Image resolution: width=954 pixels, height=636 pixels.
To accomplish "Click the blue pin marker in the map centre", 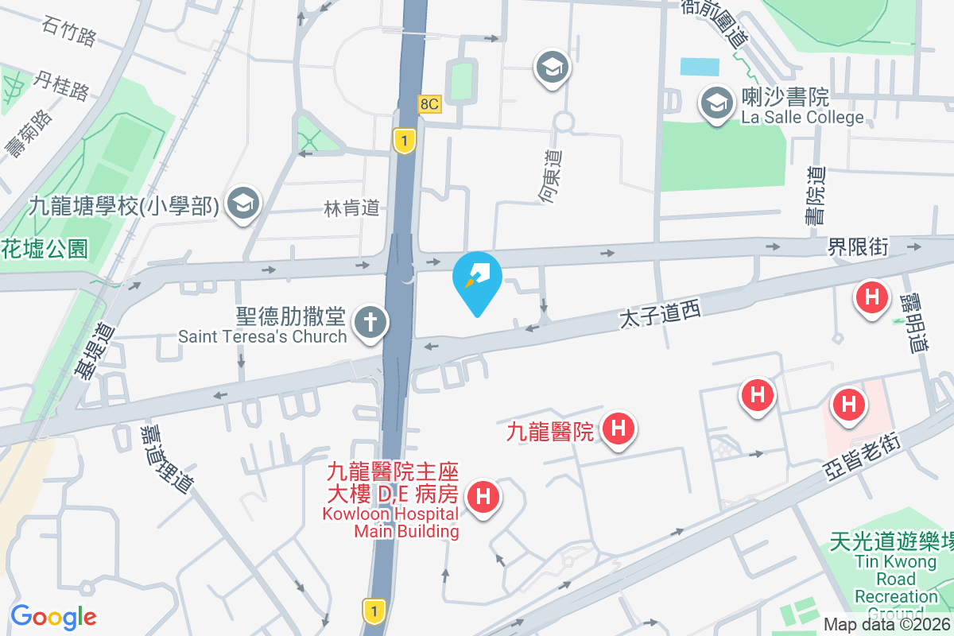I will (x=476, y=280).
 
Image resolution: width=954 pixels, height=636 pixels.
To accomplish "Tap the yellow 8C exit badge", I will (x=429, y=104).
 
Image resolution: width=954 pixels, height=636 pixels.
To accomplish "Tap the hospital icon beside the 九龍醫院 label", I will (x=619, y=429).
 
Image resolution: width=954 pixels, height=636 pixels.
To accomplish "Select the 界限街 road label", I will (x=856, y=247).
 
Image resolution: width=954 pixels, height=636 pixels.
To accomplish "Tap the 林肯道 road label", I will (x=351, y=208).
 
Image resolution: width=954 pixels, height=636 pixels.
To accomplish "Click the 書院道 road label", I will (x=816, y=196).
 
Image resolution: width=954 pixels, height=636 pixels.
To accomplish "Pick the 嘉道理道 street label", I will (x=165, y=457).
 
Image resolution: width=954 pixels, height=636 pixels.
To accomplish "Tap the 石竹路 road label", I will (x=69, y=32).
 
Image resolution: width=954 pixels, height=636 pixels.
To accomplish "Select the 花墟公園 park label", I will (x=44, y=249).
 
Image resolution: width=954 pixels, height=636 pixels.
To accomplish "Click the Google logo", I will (x=53, y=616).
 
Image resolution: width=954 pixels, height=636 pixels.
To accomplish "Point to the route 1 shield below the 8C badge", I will (x=405, y=142).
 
